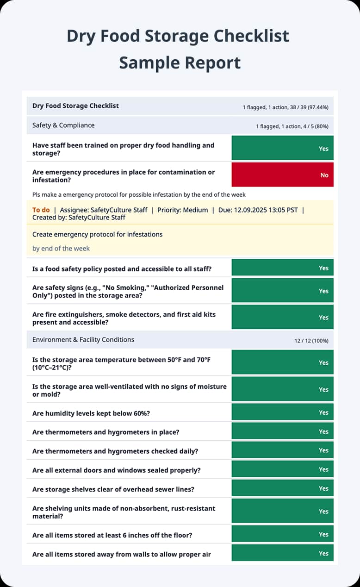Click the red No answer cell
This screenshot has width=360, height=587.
(282, 175)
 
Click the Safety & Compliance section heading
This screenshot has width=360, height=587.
(63, 125)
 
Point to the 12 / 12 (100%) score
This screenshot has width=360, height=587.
(311, 341)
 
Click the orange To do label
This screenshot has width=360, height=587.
(41, 210)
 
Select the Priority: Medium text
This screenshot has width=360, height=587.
(182, 210)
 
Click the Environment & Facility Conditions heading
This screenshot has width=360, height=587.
(83, 339)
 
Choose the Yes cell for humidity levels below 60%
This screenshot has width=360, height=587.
(282, 412)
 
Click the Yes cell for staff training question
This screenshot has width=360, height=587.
(282, 148)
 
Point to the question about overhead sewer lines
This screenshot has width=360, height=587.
(113, 489)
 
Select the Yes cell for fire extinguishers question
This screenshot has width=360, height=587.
(282, 318)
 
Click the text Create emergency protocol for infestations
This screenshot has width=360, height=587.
(97, 234)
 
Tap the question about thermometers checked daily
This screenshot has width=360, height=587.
(115, 451)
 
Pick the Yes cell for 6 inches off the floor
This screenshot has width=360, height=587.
(282, 534)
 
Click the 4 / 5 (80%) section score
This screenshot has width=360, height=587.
(315, 126)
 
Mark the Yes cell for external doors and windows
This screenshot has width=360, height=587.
(282, 469)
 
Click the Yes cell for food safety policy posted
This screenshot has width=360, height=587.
(282, 268)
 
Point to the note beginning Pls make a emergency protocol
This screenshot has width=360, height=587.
(139, 194)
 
